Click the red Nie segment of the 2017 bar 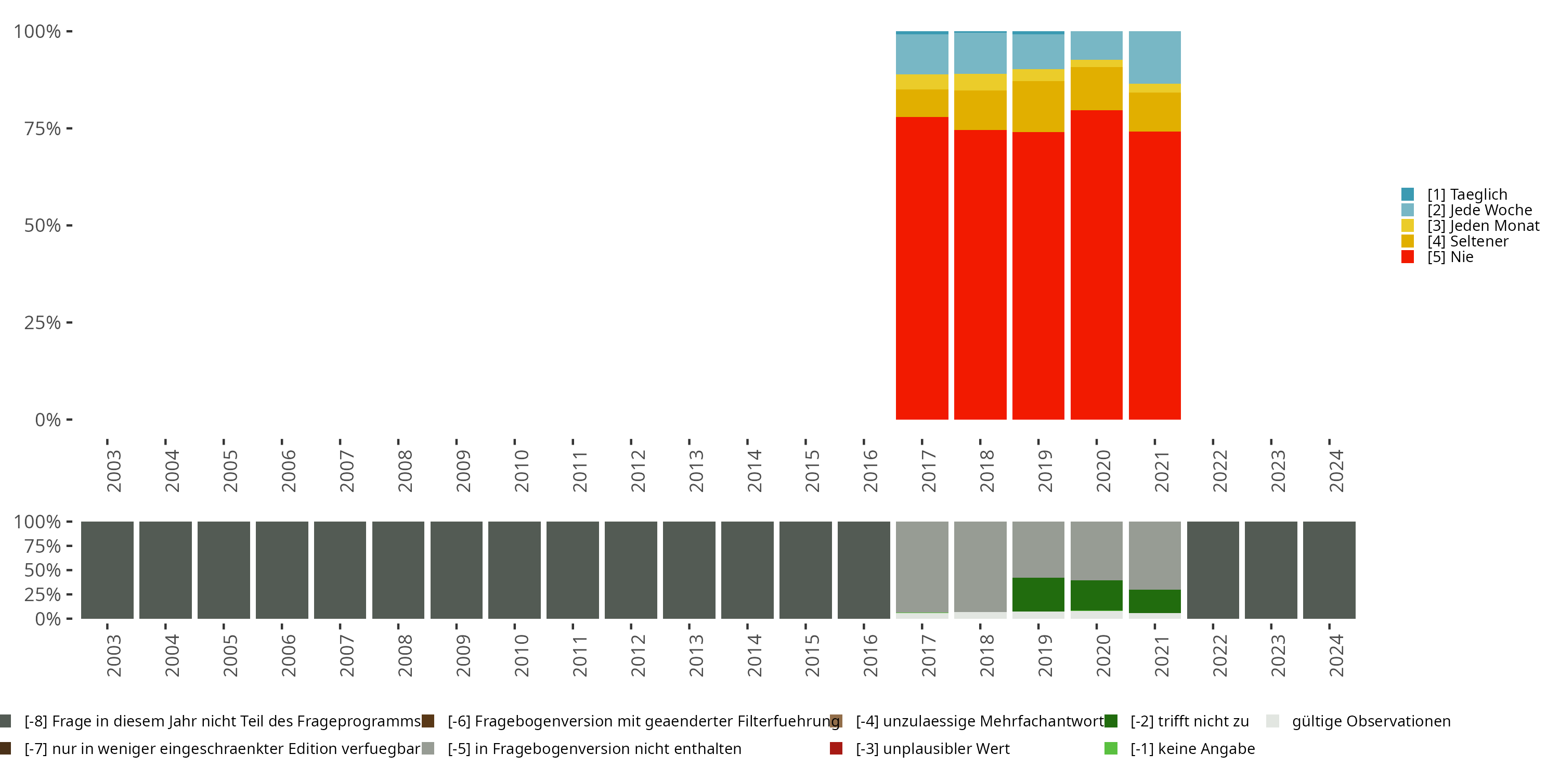point(922,268)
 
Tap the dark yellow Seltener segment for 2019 point(1038,107)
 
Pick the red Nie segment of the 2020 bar point(1096,265)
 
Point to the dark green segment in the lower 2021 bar point(1154,601)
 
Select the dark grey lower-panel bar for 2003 point(107,570)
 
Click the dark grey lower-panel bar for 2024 point(1329,570)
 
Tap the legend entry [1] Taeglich point(1466,194)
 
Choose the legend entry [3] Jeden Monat point(1482,226)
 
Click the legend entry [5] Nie point(1449,257)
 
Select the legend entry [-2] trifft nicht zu point(1189,721)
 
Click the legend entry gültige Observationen point(1370,721)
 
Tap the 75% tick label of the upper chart point(43,128)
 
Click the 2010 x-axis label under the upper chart point(521,471)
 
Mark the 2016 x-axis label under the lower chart point(869,655)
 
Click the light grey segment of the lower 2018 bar point(980,566)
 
